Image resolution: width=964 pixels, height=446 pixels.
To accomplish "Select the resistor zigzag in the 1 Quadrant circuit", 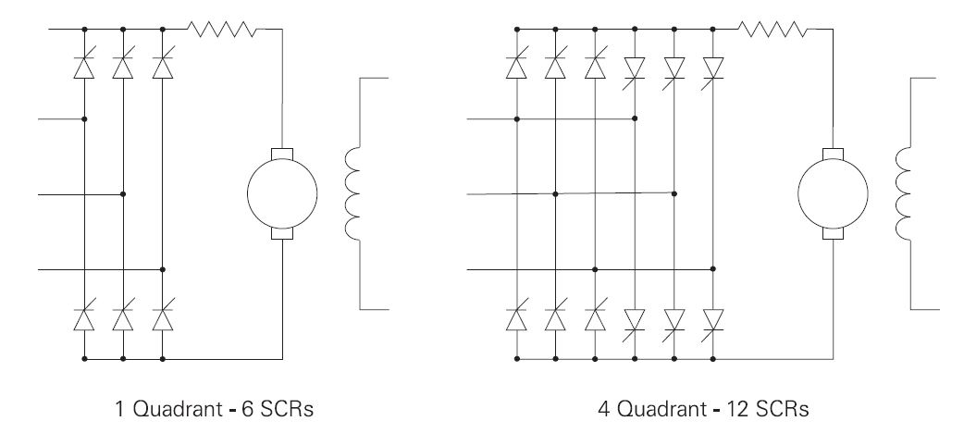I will (x=227, y=29).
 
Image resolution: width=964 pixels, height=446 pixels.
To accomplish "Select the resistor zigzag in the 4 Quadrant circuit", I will (x=774, y=29).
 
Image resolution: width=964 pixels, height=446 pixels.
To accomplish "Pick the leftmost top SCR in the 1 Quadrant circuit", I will (x=84, y=67).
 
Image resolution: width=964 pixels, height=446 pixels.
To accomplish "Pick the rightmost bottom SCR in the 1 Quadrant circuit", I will (x=162, y=319).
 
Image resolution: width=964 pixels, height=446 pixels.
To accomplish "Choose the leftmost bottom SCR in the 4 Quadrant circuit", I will (x=516, y=319).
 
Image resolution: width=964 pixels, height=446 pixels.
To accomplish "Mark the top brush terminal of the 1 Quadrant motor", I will (x=281, y=154).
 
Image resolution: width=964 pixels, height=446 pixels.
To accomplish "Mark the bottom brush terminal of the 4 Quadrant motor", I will (x=833, y=234).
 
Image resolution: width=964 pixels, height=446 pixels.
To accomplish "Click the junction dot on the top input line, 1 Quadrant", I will (x=84, y=119).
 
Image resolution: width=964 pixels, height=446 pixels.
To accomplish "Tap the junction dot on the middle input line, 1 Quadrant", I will (x=123, y=194).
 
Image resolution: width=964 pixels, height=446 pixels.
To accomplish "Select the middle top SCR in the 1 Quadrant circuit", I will (x=123, y=67).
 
